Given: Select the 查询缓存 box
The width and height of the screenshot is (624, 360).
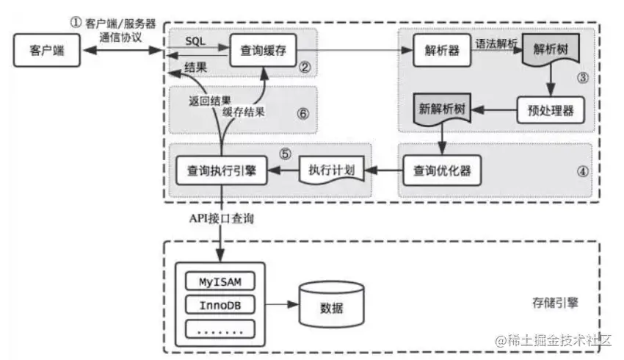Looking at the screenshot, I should click(262, 51).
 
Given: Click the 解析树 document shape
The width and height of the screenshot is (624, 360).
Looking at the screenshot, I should click(548, 52).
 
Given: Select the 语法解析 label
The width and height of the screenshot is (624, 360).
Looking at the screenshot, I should click(497, 43).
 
